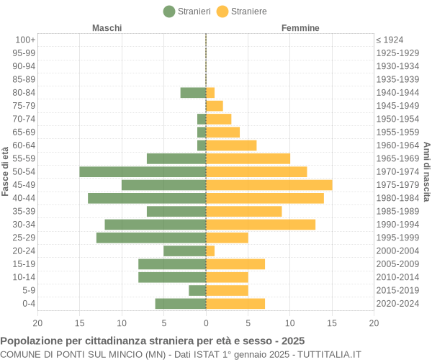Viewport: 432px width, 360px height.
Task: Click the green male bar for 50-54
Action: (x=143, y=171)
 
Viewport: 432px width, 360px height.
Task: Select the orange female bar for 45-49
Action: (x=269, y=185)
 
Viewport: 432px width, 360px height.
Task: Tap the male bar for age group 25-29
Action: (x=151, y=238)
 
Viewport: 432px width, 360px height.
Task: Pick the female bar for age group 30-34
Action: (x=261, y=225)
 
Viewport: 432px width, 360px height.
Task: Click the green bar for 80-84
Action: (x=193, y=92)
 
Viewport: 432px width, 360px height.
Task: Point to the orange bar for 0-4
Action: (x=235, y=304)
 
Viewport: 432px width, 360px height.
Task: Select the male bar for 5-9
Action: (x=197, y=290)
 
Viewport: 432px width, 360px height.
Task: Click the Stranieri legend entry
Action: (x=187, y=12)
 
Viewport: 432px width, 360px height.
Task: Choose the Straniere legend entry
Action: (x=242, y=12)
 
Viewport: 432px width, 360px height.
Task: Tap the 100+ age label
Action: (x=25, y=40)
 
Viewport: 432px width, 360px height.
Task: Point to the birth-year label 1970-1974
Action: (x=397, y=171)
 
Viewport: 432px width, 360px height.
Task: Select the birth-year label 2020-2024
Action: (x=397, y=304)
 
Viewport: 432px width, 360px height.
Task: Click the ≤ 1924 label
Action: (x=390, y=40)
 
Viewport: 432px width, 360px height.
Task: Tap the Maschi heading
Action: (x=107, y=28)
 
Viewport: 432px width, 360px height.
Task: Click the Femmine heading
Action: (x=300, y=28)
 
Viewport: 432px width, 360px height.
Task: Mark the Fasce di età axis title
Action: (x=6, y=171)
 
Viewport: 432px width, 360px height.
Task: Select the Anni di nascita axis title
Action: (x=426, y=171)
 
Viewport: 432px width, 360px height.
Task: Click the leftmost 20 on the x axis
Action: (x=37, y=323)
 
